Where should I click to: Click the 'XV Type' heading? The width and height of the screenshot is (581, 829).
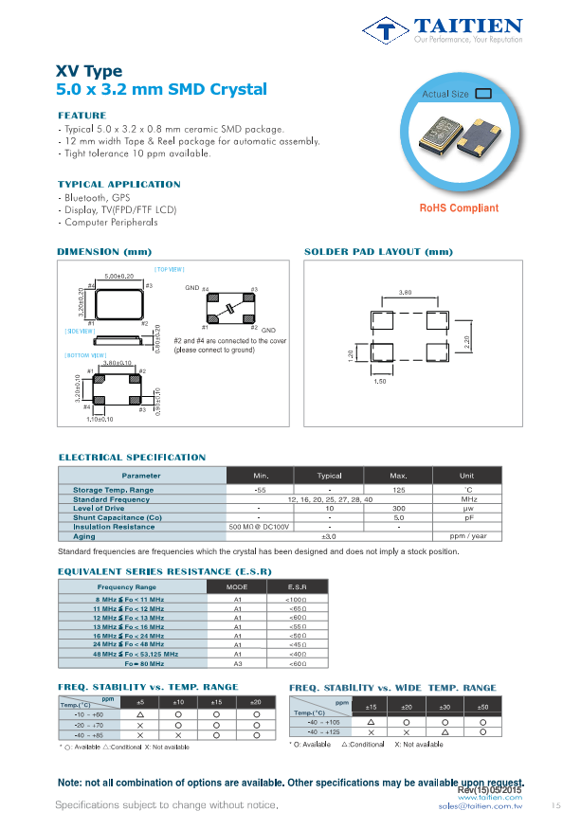coord(89,71)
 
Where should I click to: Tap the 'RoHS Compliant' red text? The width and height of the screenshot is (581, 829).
coord(458,208)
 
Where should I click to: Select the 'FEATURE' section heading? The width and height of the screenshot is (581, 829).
coord(82,116)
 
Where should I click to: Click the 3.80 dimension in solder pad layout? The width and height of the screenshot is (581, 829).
coord(405,292)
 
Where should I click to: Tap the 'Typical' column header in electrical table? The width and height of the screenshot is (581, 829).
coord(329,476)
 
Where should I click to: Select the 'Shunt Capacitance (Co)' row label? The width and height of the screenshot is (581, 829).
coord(118,518)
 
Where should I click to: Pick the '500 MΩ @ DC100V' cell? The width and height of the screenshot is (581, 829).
coord(259,527)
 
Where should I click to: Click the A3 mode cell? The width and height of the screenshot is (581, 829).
coord(239,663)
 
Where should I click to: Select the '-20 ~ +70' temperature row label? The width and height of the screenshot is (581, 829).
coord(88,723)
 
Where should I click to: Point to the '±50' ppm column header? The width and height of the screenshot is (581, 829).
coord(482,707)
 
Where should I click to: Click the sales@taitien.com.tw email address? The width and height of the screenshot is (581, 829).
coord(481,805)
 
